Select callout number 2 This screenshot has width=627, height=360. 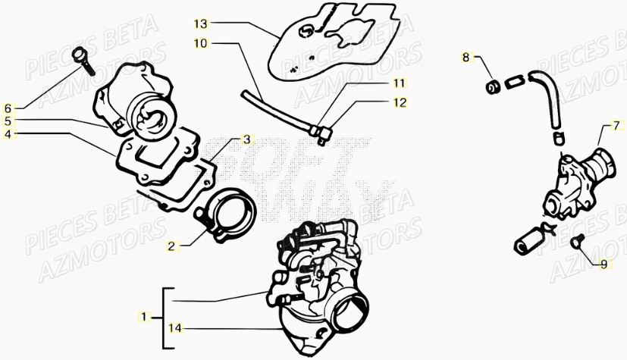point(171,246)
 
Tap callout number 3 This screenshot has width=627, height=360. point(246,139)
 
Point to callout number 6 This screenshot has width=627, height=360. point(8,108)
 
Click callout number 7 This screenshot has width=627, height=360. point(616,124)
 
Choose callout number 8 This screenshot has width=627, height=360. point(466,57)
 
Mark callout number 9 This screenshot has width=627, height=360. point(604,265)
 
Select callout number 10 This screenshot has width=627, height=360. point(200,43)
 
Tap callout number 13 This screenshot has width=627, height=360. point(199,23)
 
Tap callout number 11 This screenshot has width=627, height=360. point(399,83)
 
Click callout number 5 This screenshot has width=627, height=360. point(8,121)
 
